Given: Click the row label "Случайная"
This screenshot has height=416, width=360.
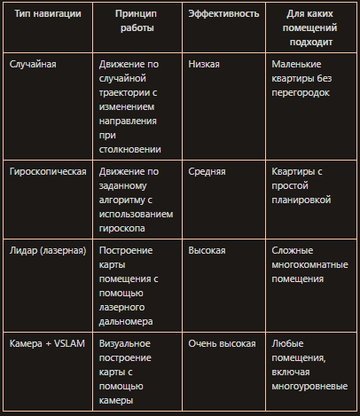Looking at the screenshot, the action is (32, 65).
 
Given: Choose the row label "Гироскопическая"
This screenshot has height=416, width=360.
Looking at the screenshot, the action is (46, 171).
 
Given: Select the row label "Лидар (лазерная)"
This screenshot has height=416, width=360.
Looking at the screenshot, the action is (47, 251).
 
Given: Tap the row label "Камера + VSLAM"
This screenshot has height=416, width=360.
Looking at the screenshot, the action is (46, 343).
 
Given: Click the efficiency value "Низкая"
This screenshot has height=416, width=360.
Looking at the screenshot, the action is (204, 65).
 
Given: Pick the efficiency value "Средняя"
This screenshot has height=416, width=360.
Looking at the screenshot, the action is (207, 171).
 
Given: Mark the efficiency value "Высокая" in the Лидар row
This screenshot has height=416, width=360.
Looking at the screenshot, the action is (207, 251).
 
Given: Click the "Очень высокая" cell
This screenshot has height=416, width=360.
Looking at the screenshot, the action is (222, 343).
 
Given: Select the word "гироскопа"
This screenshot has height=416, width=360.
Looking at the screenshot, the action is (125, 228).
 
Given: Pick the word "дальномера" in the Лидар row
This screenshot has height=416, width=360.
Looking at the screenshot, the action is (129, 320).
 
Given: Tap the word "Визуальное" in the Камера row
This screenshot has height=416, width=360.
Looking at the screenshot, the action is (125, 343).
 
